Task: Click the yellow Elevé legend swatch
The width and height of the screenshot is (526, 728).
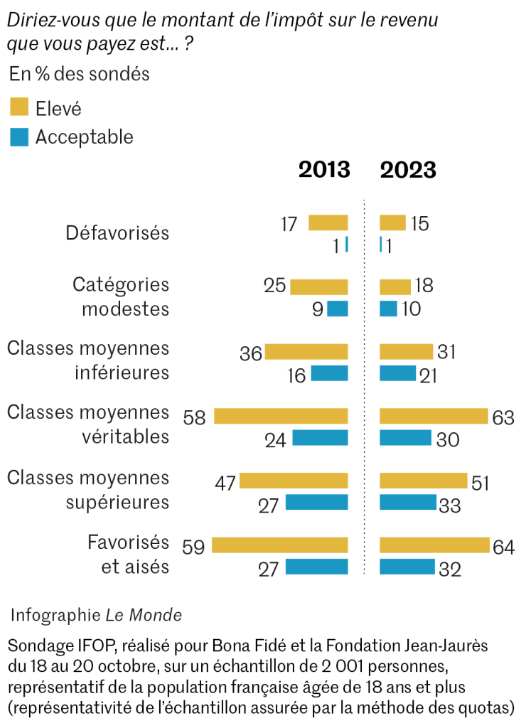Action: coord(19,107)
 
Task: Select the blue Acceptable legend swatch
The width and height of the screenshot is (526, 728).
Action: coord(19,136)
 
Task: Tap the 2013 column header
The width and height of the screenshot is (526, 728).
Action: coord(324,170)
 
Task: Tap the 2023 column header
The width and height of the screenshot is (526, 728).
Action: coord(408,170)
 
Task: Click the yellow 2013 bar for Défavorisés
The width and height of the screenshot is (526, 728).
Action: coord(328,223)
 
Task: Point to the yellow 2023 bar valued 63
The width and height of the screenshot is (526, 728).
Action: coord(434,416)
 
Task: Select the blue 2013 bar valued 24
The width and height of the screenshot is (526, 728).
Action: coord(320,438)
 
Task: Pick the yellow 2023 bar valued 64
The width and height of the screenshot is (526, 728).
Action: coord(434,546)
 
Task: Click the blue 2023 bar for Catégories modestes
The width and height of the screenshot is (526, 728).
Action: coord(388,309)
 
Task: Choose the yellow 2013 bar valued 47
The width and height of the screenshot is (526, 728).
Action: coord(294,481)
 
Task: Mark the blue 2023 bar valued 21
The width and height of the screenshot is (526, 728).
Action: coord(397,373)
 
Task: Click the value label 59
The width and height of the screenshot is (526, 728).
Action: coord(193,546)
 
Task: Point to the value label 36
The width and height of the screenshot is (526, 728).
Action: coord(251,353)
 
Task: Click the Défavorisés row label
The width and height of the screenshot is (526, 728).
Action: coord(117,232)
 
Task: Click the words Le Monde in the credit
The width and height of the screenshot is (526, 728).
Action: coord(144,615)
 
